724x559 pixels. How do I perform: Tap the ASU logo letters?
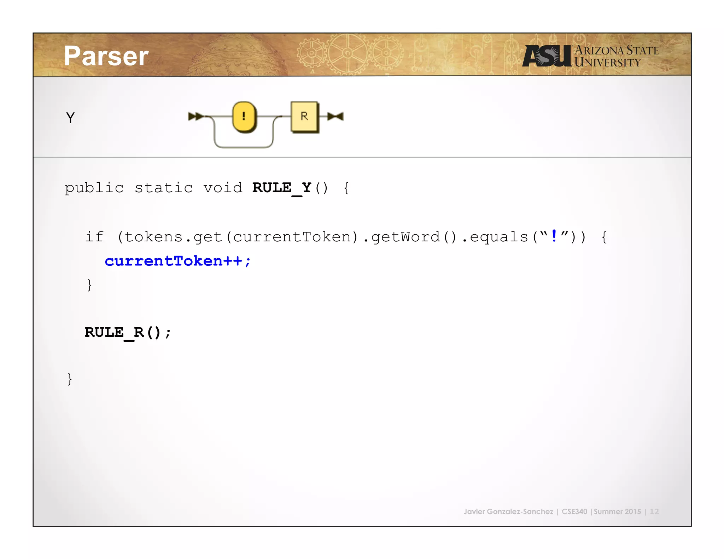pyautogui.click(x=547, y=56)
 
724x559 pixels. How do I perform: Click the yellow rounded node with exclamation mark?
pyautogui.click(x=244, y=116)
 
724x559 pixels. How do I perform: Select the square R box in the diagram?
pyautogui.click(x=304, y=116)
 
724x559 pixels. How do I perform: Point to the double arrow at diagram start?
pyautogui.click(x=195, y=116)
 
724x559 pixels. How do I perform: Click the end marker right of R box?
pyautogui.click(x=335, y=116)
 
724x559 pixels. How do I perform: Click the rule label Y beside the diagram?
pyautogui.click(x=70, y=118)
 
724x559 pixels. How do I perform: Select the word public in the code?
pyautogui.click(x=94, y=188)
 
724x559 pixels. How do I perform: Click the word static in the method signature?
pyautogui.click(x=164, y=188)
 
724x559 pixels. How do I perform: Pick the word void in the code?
pyautogui.click(x=223, y=188)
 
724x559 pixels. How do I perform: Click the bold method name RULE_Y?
pyautogui.click(x=282, y=188)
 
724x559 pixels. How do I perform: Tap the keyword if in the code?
pyautogui.click(x=94, y=237)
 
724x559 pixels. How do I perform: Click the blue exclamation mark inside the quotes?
pyautogui.click(x=554, y=236)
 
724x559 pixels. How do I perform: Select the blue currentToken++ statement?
pyautogui.click(x=177, y=261)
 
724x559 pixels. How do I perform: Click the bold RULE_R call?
pyautogui.click(x=127, y=333)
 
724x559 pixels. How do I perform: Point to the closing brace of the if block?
pyautogui.click(x=89, y=285)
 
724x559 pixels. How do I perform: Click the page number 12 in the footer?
pyautogui.click(x=654, y=511)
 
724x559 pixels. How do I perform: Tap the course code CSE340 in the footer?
pyautogui.click(x=574, y=511)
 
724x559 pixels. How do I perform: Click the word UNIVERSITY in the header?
pyautogui.click(x=607, y=63)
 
